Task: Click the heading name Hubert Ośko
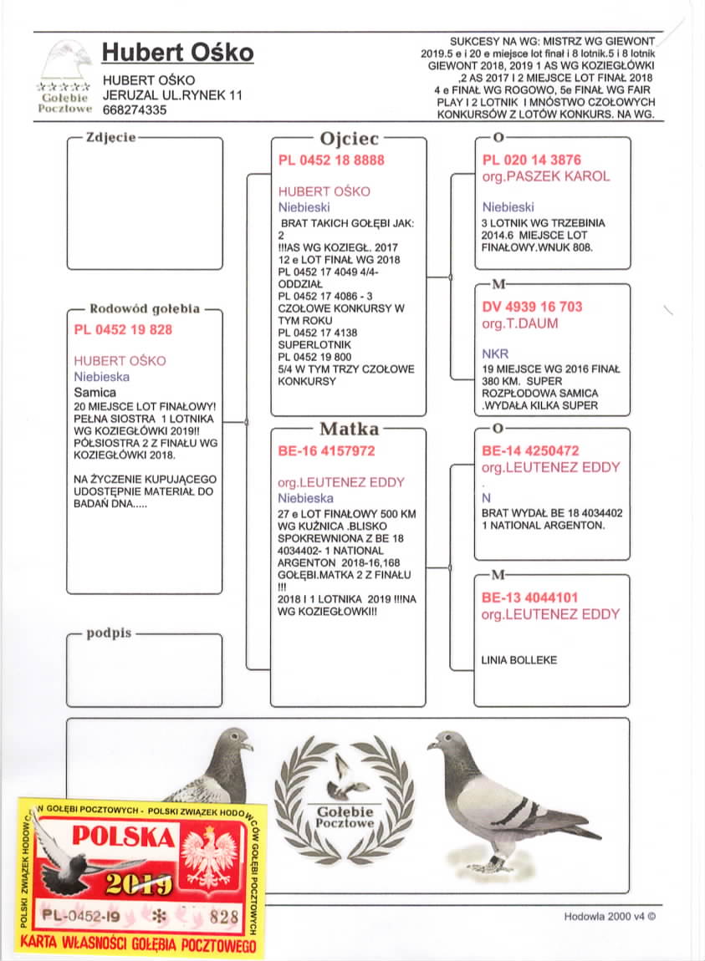click(x=177, y=53)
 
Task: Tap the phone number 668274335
click(x=135, y=109)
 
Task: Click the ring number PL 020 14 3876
click(x=532, y=160)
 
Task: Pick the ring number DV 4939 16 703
click(x=533, y=307)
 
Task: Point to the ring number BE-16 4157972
click(x=326, y=450)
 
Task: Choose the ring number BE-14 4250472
click(x=531, y=450)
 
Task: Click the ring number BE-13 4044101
click(x=530, y=597)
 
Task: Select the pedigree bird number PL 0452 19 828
click(x=123, y=329)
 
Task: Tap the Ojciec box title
click(x=350, y=139)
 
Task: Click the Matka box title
click(x=350, y=430)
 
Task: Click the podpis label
click(x=109, y=633)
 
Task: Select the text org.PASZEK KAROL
click(x=546, y=176)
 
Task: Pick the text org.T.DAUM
click(x=520, y=323)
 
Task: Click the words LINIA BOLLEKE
click(x=519, y=660)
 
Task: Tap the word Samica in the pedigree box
click(x=95, y=391)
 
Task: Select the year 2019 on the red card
click(x=140, y=885)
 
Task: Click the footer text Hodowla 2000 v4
click(x=610, y=916)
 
